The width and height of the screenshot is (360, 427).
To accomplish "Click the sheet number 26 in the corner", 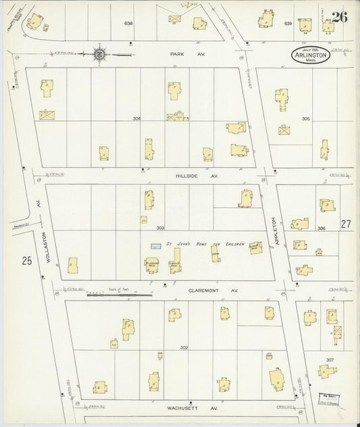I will [x=339, y=17].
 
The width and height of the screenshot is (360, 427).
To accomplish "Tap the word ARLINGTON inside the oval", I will [x=311, y=56].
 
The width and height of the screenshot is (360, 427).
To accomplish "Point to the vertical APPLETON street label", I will [x=275, y=230].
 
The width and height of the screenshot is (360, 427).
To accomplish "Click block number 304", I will [x=137, y=118].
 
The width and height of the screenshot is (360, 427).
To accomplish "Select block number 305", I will [x=305, y=118].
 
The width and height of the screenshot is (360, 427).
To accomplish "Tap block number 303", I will [x=161, y=228].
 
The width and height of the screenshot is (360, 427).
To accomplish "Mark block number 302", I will [x=183, y=347].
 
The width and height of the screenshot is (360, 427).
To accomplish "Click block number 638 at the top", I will [x=128, y=24].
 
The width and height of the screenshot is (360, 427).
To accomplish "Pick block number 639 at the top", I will [x=288, y=24].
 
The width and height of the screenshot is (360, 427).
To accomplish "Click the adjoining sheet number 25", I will [x=26, y=259].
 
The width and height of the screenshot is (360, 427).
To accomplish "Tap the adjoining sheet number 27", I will [x=346, y=224].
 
